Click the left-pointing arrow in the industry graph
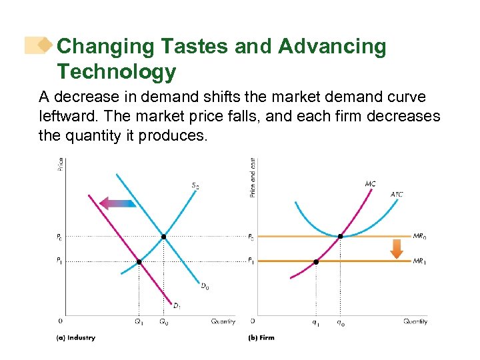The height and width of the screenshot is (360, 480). click(x=117, y=203)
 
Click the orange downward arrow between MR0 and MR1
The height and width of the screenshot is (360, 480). click(x=396, y=248)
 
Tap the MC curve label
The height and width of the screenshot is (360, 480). click(x=370, y=183)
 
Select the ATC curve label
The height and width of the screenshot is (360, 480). click(x=397, y=195)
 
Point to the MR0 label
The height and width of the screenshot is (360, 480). click(x=419, y=236)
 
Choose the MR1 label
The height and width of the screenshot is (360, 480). click(x=419, y=261)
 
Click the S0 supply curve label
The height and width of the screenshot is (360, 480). click(x=195, y=186)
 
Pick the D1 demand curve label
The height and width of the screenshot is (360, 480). click(x=177, y=306)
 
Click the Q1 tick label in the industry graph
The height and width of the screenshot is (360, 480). click(x=139, y=321)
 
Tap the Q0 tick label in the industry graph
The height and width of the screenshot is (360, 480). click(x=163, y=321)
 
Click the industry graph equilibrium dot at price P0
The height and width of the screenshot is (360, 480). click(x=163, y=237)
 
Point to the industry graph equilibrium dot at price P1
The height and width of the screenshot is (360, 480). click(x=139, y=262)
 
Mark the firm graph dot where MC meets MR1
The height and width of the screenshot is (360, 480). click(x=316, y=262)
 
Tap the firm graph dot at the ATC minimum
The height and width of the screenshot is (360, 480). click(x=341, y=237)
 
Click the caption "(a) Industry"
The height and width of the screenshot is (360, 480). click(x=75, y=338)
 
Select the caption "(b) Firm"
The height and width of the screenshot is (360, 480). click(x=261, y=338)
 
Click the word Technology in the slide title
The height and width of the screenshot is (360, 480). click(x=117, y=71)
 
